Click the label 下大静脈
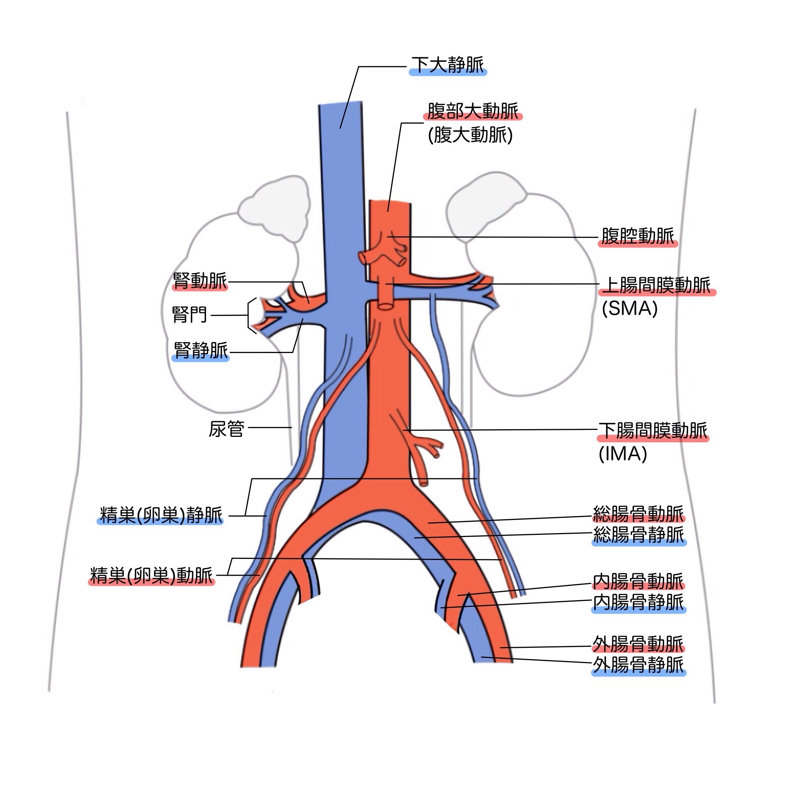447,65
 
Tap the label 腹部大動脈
473,111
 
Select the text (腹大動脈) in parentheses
470,135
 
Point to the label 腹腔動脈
638,236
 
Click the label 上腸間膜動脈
657,285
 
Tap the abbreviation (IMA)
623,454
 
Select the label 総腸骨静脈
638,535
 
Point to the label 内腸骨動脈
638,581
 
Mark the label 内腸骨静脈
638,602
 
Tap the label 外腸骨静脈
638,665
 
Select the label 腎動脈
200,281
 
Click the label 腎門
190,315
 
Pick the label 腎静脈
201,350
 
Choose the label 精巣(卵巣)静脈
161,515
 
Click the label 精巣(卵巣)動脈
151,576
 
